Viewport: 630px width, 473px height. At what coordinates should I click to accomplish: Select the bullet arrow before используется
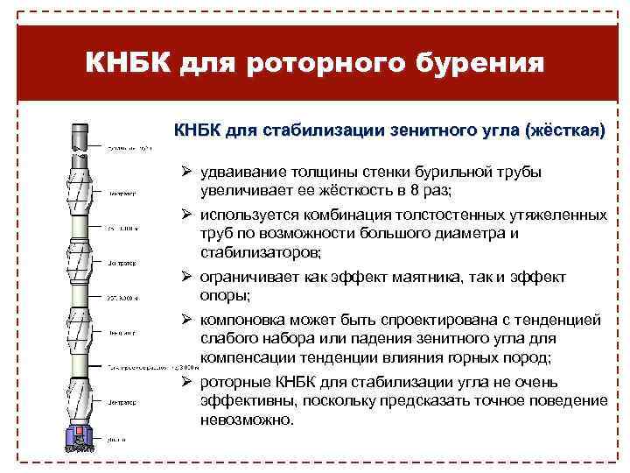pos(186,215)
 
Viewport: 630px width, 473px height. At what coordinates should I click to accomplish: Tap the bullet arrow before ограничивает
pos(186,277)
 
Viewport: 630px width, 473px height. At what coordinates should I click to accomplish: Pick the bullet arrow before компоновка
pos(186,320)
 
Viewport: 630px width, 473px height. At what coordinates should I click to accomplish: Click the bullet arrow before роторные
pos(186,383)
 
